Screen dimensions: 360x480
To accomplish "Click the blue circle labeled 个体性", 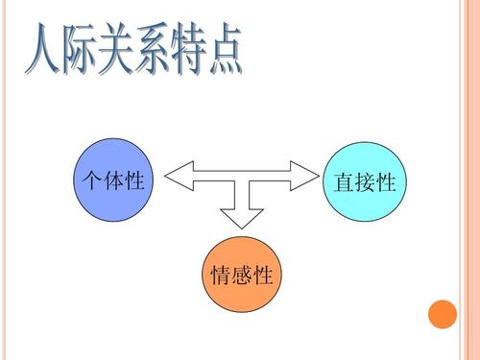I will [x=113, y=180].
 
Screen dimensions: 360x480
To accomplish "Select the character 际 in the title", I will [x=86, y=51].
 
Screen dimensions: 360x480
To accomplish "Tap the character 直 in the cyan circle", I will [x=344, y=182].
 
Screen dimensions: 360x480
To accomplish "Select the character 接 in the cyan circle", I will [x=365, y=182].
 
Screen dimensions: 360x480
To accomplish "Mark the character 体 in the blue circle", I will [x=113, y=180].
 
